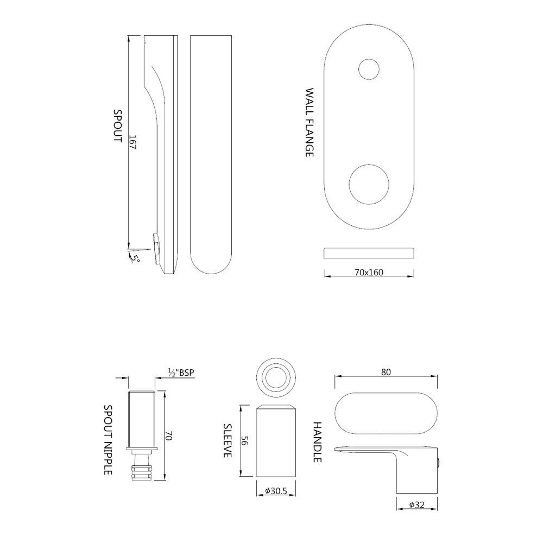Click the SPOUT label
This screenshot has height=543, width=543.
[x=117, y=125]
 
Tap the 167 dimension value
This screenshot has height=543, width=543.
[x=132, y=143]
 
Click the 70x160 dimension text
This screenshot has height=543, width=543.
[x=369, y=271]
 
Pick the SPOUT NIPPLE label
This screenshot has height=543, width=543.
[x=108, y=440]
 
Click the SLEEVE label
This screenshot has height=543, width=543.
[x=228, y=440]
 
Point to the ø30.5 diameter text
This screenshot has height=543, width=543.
[x=276, y=491]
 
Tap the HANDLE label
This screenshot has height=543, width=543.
[x=318, y=442]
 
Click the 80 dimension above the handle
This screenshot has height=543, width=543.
[x=386, y=372]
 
